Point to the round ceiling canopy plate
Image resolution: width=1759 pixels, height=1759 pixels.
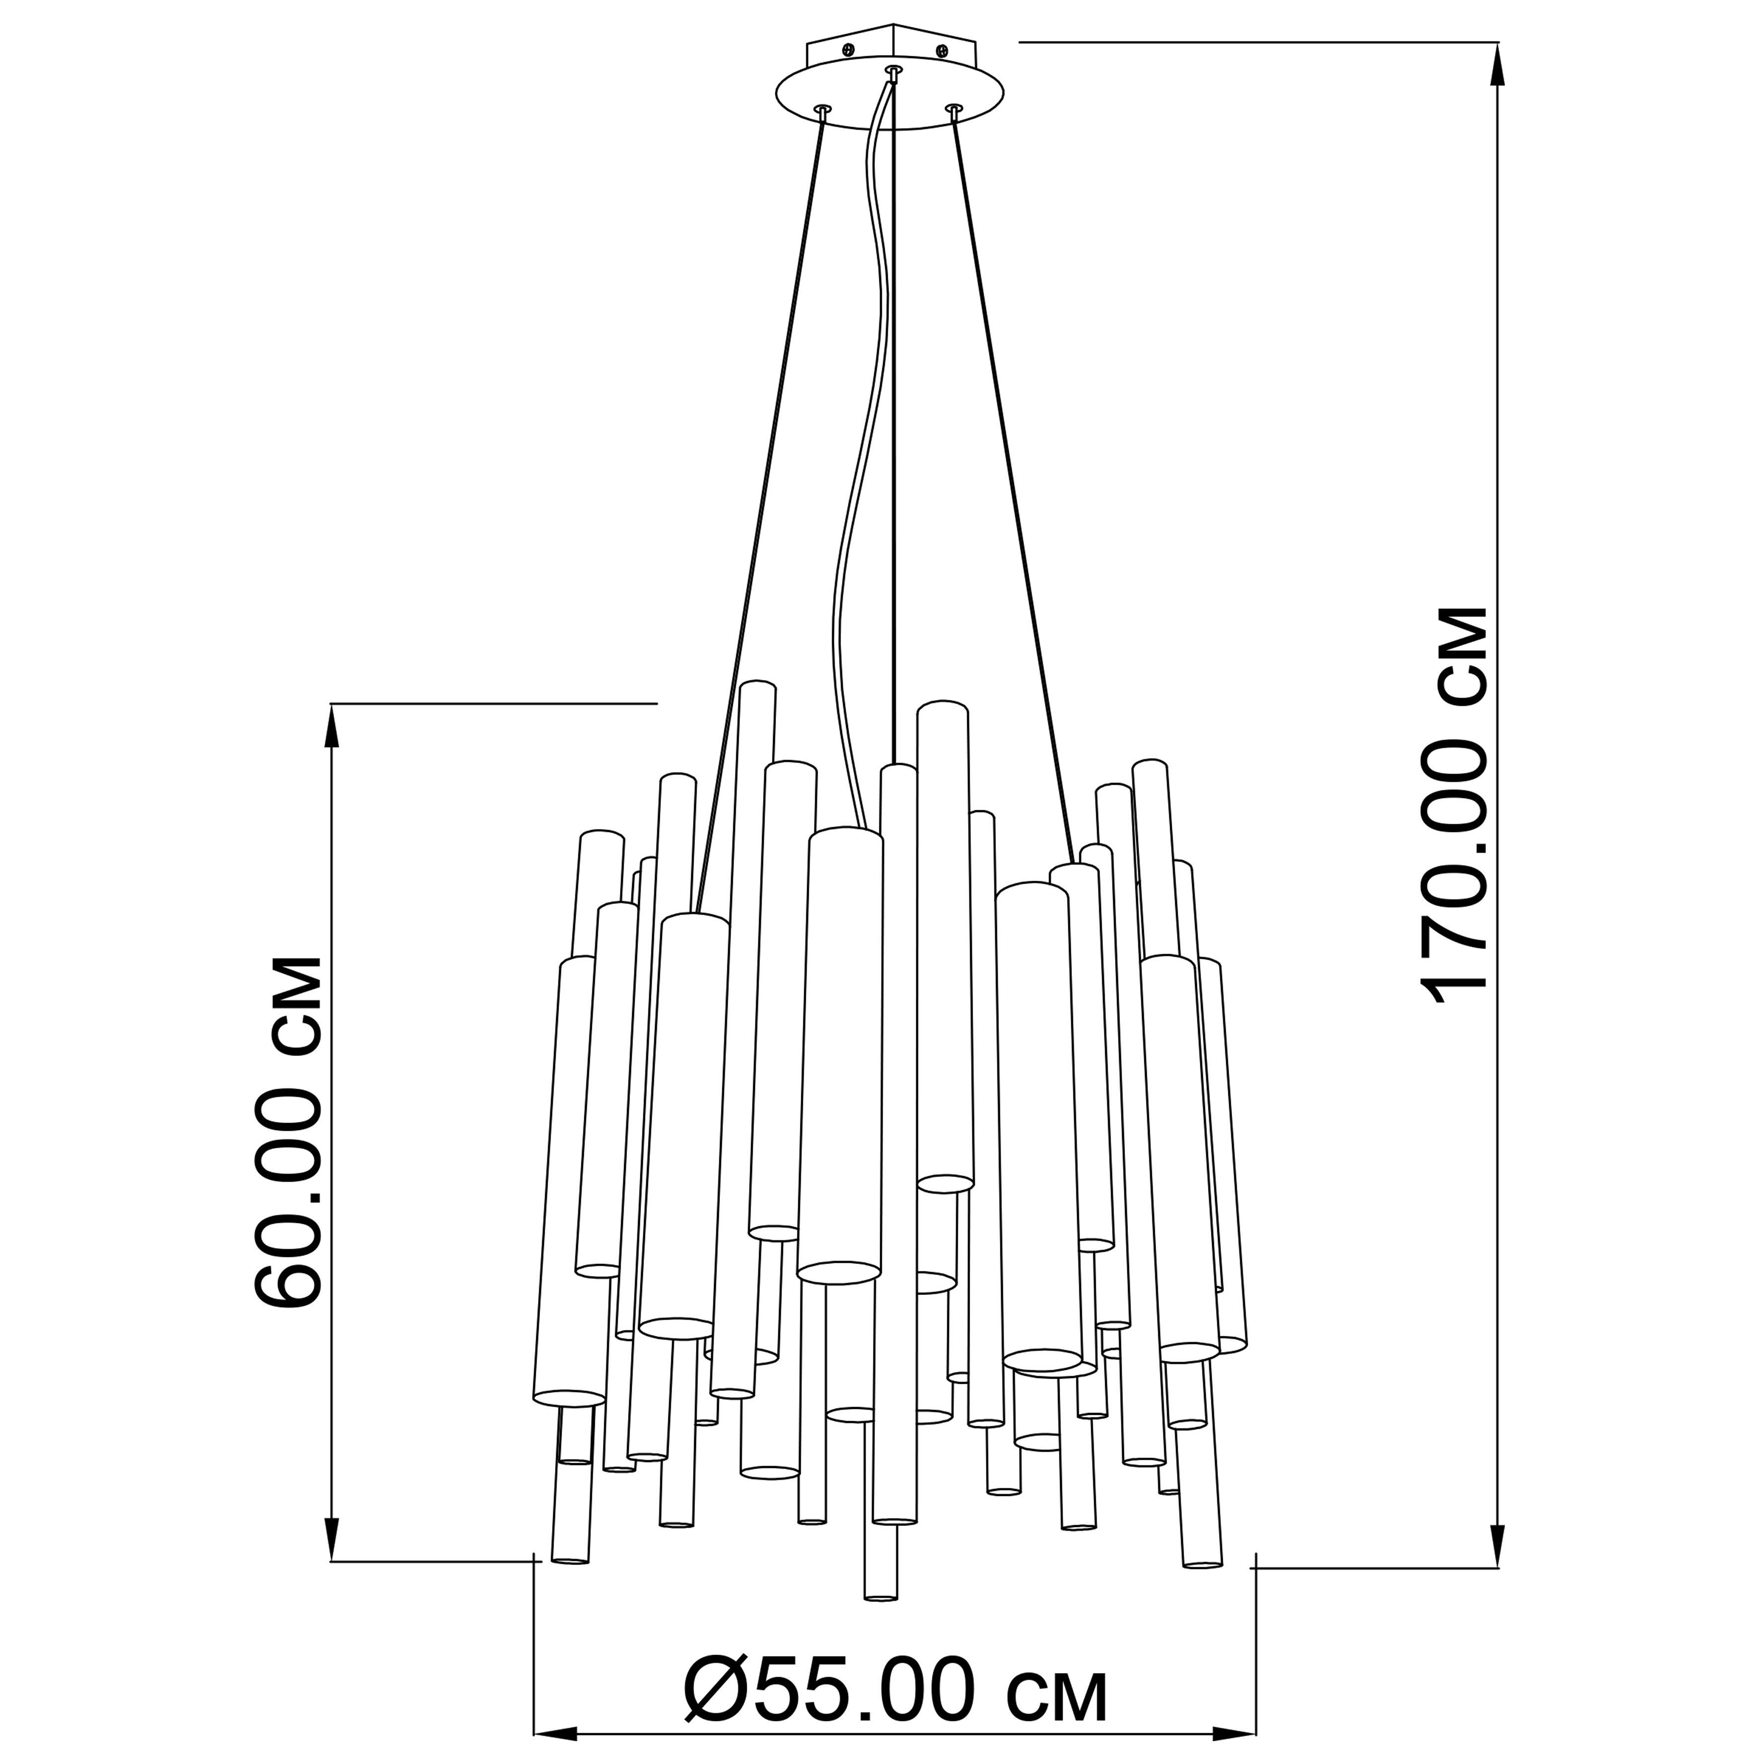click(890, 96)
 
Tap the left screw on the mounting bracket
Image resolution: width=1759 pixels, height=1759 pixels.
click(848, 48)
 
